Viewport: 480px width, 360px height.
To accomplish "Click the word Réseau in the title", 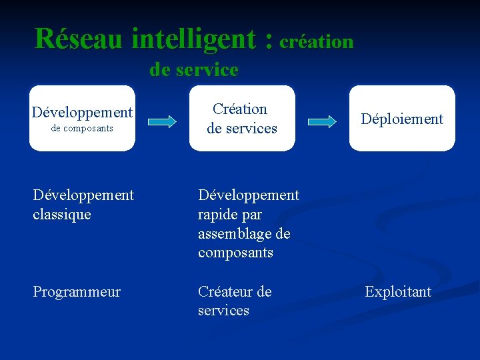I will click(x=79, y=39).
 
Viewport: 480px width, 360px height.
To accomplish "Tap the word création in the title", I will click(x=317, y=41).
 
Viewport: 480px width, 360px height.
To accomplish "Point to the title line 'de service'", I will click(x=194, y=69).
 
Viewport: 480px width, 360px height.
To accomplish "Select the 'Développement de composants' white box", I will click(x=82, y=118).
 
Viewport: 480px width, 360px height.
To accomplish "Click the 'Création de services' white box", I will click(x=242, y=118).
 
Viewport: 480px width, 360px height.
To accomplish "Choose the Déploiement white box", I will click(x=402, y=118).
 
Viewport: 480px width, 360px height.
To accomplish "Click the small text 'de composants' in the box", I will click(x=82, y=128).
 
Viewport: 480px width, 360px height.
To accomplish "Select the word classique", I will click(x=62, y=215).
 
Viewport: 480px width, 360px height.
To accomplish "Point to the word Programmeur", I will click(x=77, y=292).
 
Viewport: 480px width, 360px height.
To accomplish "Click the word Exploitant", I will click(x=398, y=292).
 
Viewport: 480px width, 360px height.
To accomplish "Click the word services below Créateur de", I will click(x=223, y=311).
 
